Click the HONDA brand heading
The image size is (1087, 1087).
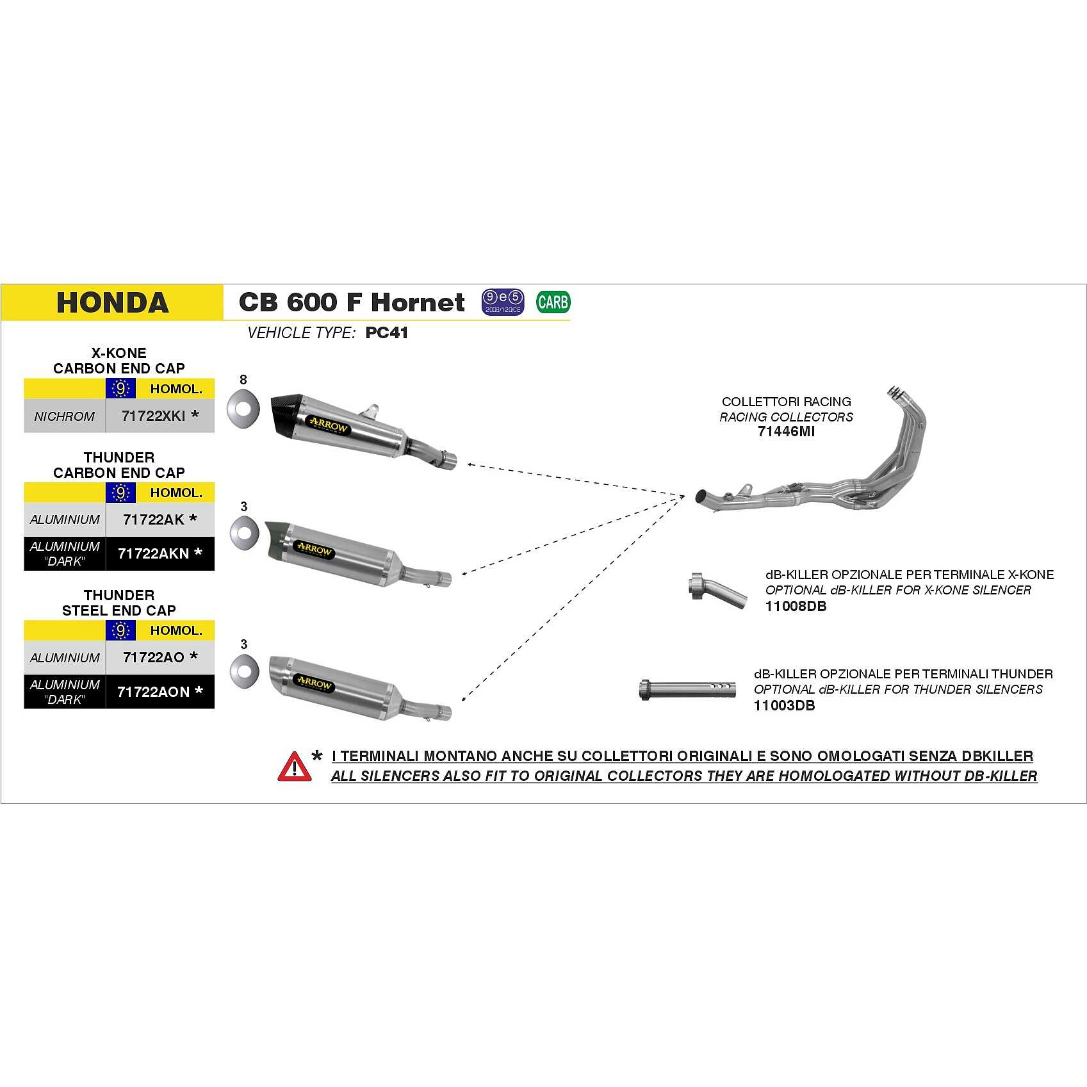pyautogui.click(x=112, y=302)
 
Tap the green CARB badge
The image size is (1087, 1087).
pyautogui.click(x=552, y=302)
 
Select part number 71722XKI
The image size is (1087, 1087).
pyautogui.click(x=154, y=416)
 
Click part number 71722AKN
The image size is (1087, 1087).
pyautogui.click(x=154, y=553)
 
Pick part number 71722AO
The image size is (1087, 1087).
pyautogui.click(x=154, y=657)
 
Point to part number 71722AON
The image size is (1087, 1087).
pyautogui.click(x=154, y=692)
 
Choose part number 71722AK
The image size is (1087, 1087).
pyautogui.click(x=154, y=519)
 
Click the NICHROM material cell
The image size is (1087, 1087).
pyautogui.click(x=65, y=416)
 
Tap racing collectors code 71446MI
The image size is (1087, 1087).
pyautogui.click(x=786, y=432)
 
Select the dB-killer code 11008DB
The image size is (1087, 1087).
pyautogui.click(x=796, y=606)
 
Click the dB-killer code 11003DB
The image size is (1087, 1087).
pyautogui.click(x=784, y=706)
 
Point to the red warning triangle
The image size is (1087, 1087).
pyautogui.click(x=294, y=767)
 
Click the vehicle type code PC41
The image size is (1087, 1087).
pyautogui.click(x=386, y=333)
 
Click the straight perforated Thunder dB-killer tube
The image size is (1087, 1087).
pyautogui.click(x=687, y=689)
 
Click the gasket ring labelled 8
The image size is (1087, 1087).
pyautogui.click(x=243, y=407)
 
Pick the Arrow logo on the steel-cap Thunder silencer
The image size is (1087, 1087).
pyautogui.click(x=313, y=683)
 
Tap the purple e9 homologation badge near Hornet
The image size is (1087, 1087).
pyautogui.click(x=503, y=302)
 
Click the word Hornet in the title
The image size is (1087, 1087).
pyautogui.click(x=418, y=302)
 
